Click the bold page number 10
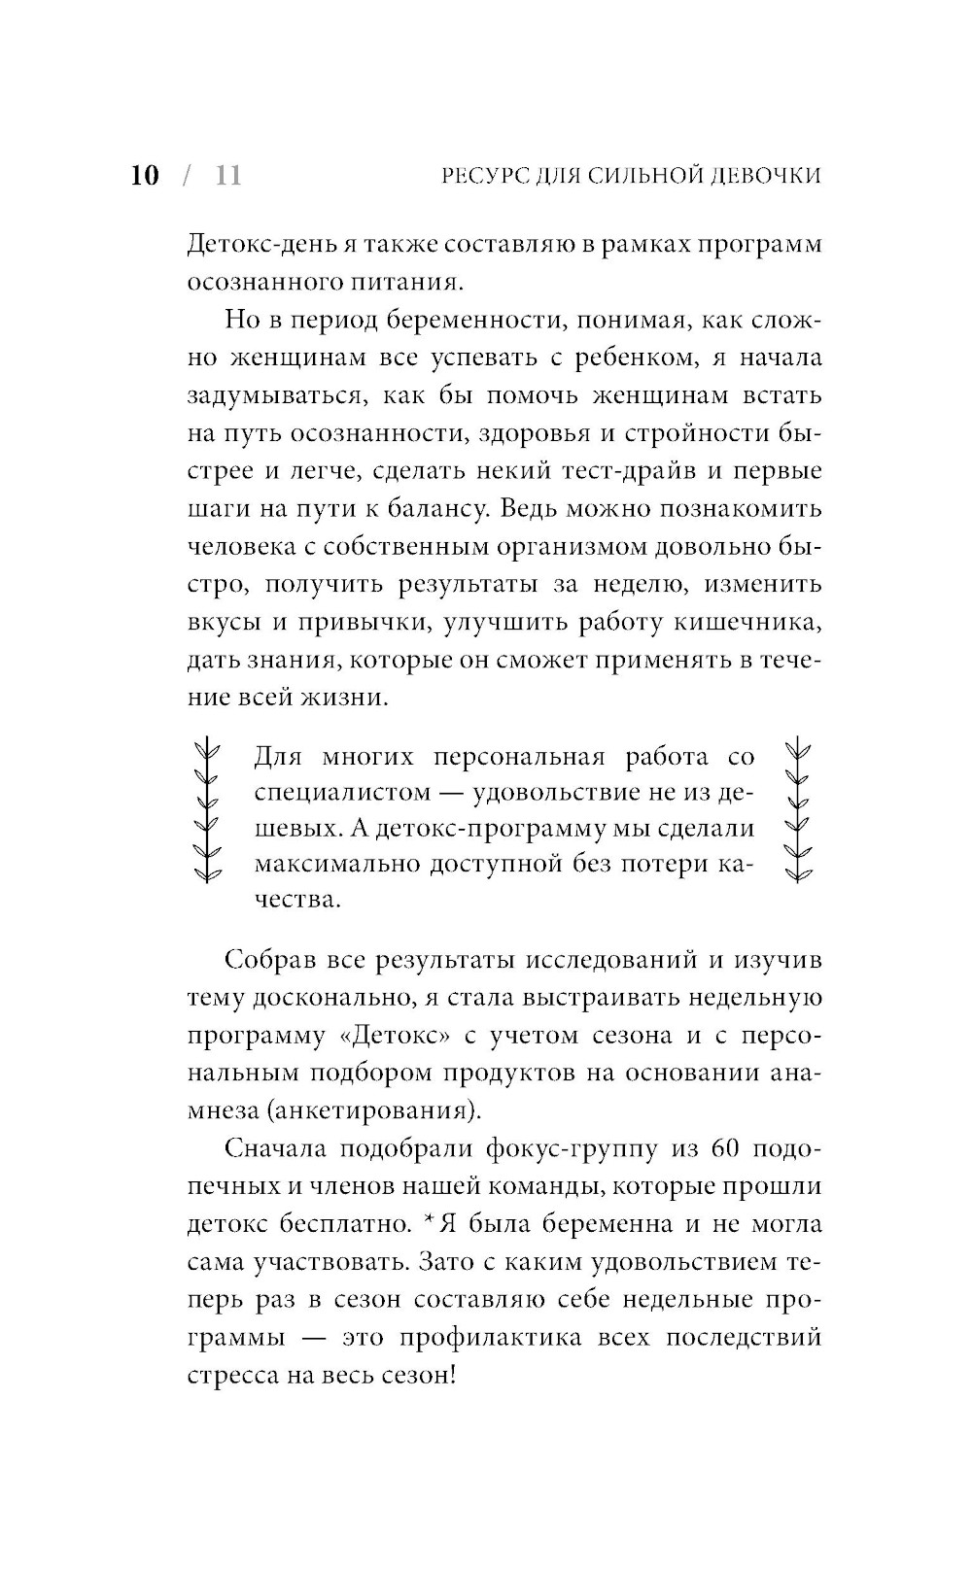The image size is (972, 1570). (x=144, y=175)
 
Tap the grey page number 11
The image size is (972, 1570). (x=227, y=175)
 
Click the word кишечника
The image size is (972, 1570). (x=752, y=623)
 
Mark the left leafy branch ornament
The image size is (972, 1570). (x=206, y=810)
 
